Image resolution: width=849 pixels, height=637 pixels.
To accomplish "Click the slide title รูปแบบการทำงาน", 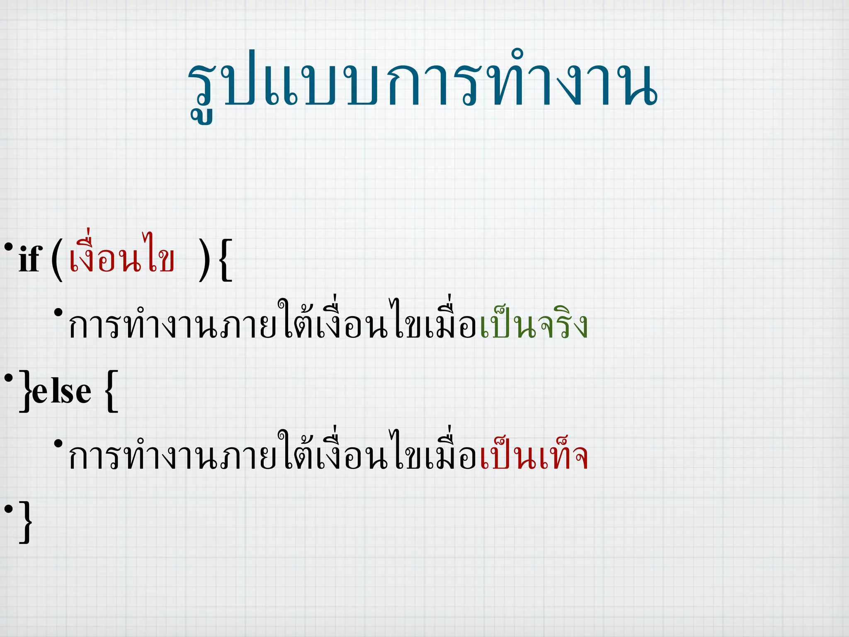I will tap(422, 83).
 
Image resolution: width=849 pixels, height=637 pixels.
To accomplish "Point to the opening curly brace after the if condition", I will tap(225, 260).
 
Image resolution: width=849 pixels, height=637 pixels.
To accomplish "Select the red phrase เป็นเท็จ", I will tap(534, 456).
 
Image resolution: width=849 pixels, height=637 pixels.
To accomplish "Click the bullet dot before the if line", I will tap(8, 247).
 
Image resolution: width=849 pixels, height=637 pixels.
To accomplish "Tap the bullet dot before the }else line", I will tap(8, 378).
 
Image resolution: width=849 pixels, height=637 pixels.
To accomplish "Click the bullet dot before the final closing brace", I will tap(8, 508).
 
